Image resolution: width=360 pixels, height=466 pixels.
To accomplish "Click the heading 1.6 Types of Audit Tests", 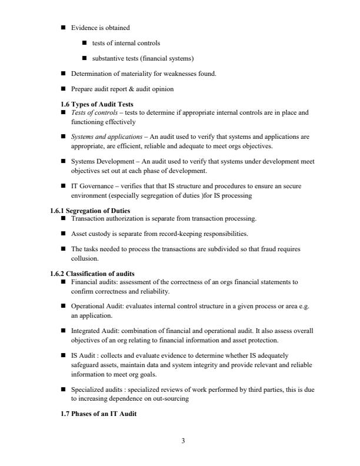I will [x=98, y=104].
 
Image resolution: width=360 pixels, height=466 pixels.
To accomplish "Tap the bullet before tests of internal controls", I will [x=85, y=43].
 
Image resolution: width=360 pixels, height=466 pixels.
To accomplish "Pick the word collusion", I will [x=85, y=258].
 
